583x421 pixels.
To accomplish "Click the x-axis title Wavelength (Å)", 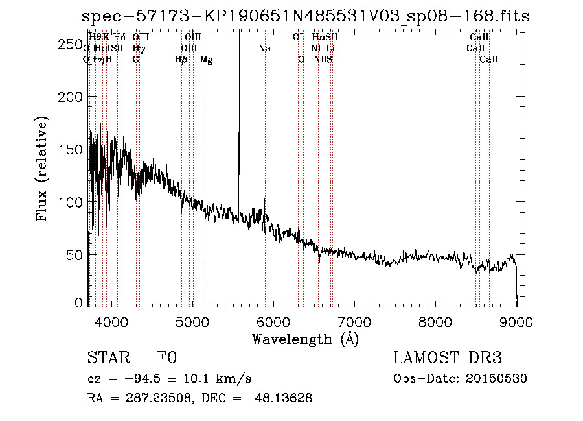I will [x=305, y=339].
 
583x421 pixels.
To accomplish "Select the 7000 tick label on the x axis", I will [x=354, y=321].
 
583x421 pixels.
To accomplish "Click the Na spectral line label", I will [x=264, y=49].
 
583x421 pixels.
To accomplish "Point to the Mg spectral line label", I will [x=206, y=60].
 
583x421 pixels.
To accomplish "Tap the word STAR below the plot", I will [x=108, y=359].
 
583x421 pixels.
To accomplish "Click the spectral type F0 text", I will [x=167, y=359].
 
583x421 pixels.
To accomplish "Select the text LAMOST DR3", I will [x=448, y=359].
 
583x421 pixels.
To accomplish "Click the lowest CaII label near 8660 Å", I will [x=489, y=60].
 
